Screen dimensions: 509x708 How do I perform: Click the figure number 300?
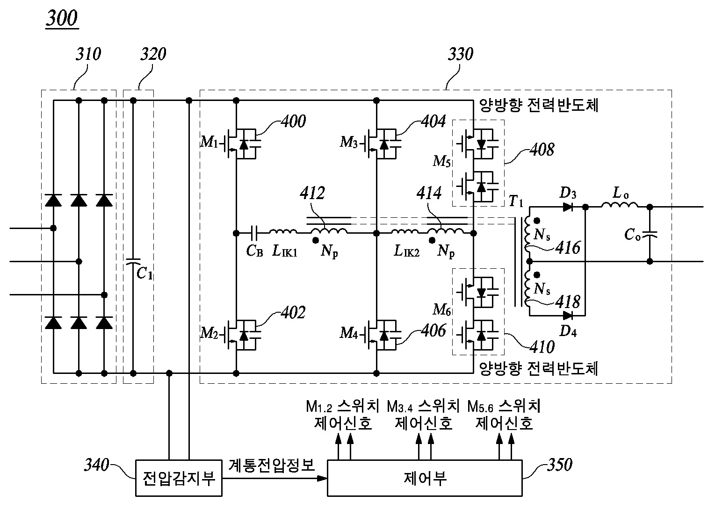pos(62,19)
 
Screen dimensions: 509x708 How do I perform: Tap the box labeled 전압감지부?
pos(179,478)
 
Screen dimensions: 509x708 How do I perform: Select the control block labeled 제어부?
pos(424,478)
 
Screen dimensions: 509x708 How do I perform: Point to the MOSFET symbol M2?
pos(241,335)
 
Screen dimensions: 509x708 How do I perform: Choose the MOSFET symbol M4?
pos(382,335)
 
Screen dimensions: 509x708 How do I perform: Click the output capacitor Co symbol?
pos(650,234)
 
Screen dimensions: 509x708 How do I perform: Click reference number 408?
pos(542,150)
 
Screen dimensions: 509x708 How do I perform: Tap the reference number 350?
pos(558,465)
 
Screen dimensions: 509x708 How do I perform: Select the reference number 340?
pos(96,465)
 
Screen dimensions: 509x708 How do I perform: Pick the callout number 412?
pos(312,193)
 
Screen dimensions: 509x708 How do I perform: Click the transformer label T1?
pos(516,202)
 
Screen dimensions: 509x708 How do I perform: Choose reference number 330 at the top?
pos(460,54)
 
